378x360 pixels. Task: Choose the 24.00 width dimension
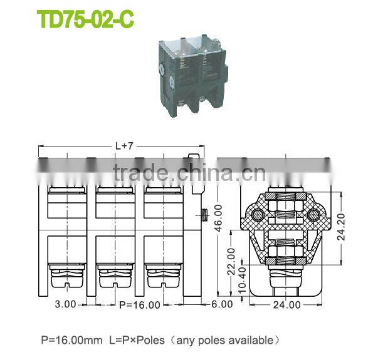click(x=286, y=305)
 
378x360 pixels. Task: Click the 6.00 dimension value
click(x=221, y=305)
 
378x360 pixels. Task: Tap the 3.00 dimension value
click(x=65, y=305)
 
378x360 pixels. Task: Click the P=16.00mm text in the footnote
click(x=71, y=341)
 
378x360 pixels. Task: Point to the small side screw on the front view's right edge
click(x=204, y=217)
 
